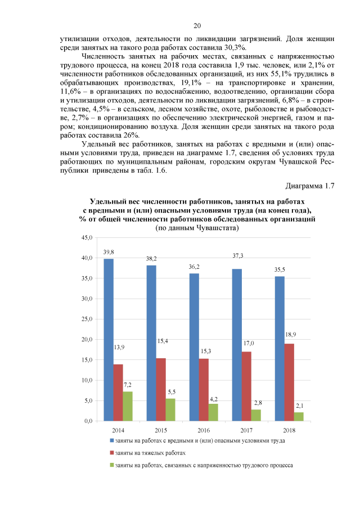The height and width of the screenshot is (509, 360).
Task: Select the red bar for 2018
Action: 289,382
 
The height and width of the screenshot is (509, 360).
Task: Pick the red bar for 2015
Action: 161,389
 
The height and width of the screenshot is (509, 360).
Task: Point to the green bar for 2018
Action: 298,416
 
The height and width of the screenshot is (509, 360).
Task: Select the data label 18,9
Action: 291,335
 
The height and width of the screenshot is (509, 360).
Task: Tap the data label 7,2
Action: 127,385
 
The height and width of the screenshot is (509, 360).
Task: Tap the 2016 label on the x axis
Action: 204,430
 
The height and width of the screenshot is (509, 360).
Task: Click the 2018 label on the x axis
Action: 289,430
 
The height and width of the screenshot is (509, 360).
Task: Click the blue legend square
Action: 111,440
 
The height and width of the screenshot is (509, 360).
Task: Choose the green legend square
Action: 111,465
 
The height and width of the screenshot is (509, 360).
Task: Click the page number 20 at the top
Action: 197,26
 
